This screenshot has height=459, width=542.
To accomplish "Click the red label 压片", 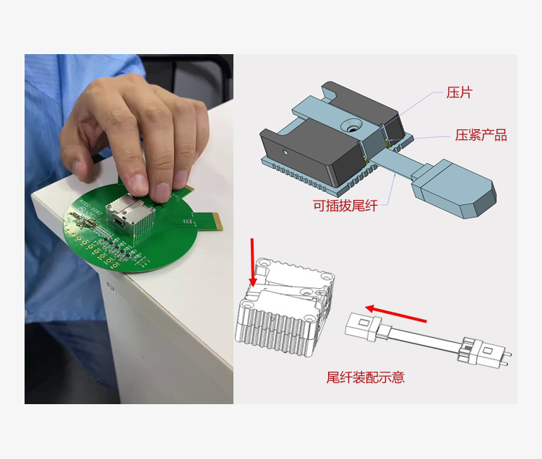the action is pos(459,93).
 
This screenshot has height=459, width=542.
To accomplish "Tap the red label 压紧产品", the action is pos(481,135).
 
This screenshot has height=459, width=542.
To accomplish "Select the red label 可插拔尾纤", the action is pos(345,206).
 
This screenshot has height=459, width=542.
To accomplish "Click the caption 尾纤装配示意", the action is pos(366,377).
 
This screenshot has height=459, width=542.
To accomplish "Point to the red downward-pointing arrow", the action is pos(253,262).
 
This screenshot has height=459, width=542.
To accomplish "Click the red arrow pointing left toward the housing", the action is pos(396,314).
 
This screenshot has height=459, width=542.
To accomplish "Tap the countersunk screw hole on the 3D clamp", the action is pos(352,126).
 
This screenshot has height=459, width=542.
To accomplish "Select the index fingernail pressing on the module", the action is pos(139,184).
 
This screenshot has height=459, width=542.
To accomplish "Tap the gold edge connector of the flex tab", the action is pos(218,222).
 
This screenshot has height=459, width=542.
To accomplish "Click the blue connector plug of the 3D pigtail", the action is pos(454,188).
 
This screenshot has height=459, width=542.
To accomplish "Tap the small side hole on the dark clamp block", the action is pos(285,152).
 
